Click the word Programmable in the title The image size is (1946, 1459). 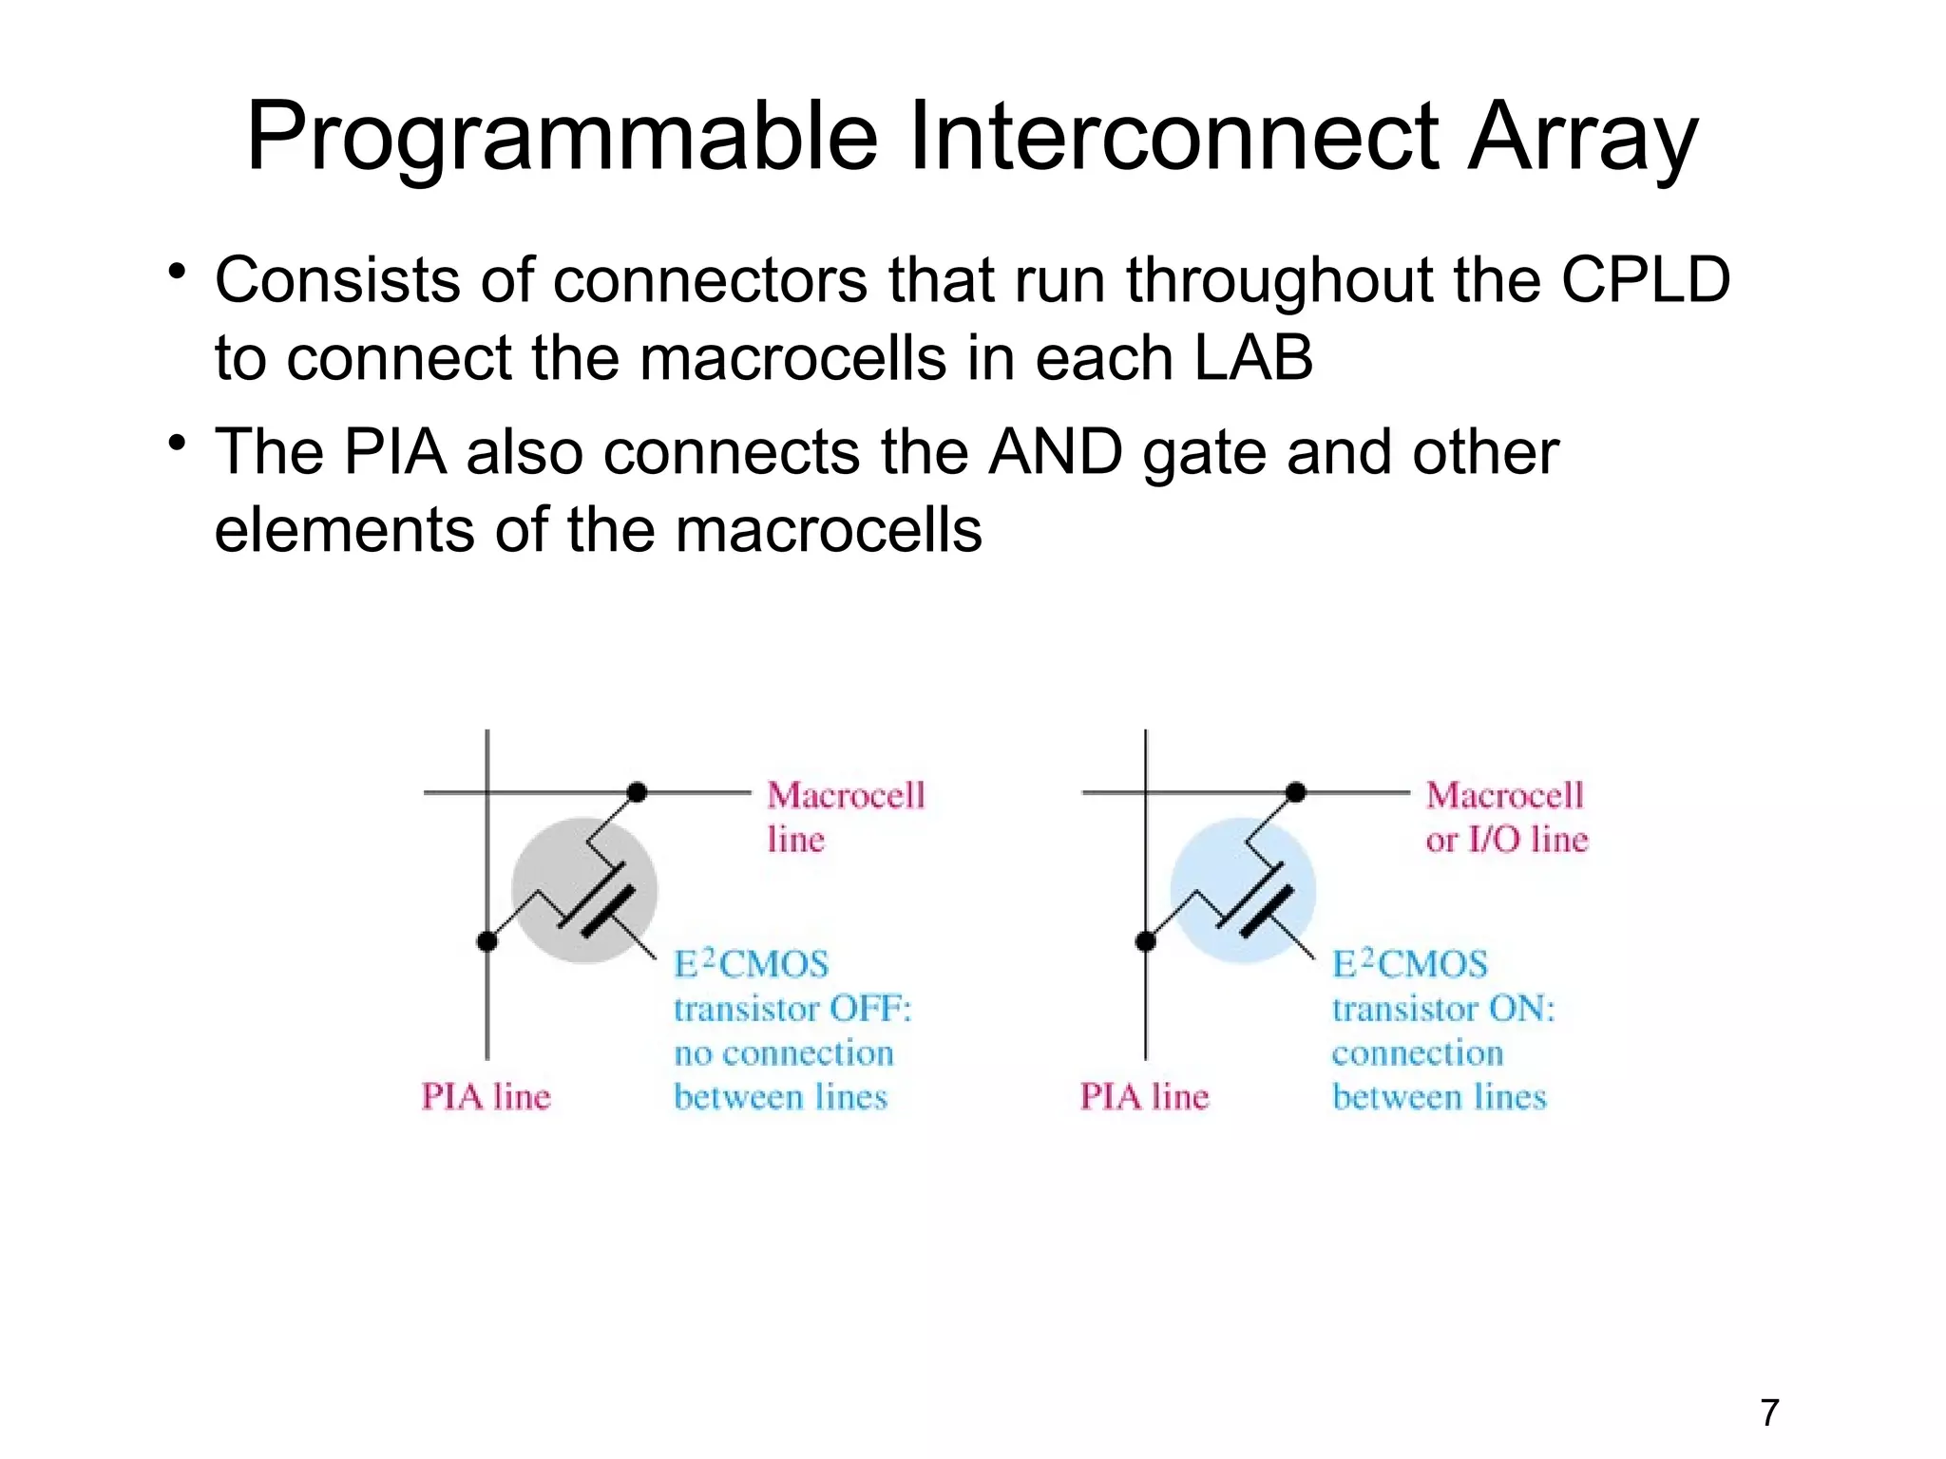pos(561,138)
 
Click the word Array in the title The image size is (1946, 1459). pos(1581,138)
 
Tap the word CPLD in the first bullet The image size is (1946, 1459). pos(1646,280)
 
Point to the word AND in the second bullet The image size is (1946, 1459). pos(1055,451)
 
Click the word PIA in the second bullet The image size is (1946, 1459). pos(394,451)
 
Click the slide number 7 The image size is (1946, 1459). pos(1769,1413)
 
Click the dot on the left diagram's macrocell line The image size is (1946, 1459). pos(638,792)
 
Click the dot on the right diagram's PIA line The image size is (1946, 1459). pos(1146,941)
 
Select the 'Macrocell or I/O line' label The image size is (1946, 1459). pos(1506,817)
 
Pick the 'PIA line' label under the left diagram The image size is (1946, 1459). pos(486,1097)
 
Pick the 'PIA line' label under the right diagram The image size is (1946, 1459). pos(1144,1097)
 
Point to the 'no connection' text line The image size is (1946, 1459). pos(784,1053)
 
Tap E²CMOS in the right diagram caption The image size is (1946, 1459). pos(1410,964)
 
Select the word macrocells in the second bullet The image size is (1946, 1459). pos(828,530)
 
